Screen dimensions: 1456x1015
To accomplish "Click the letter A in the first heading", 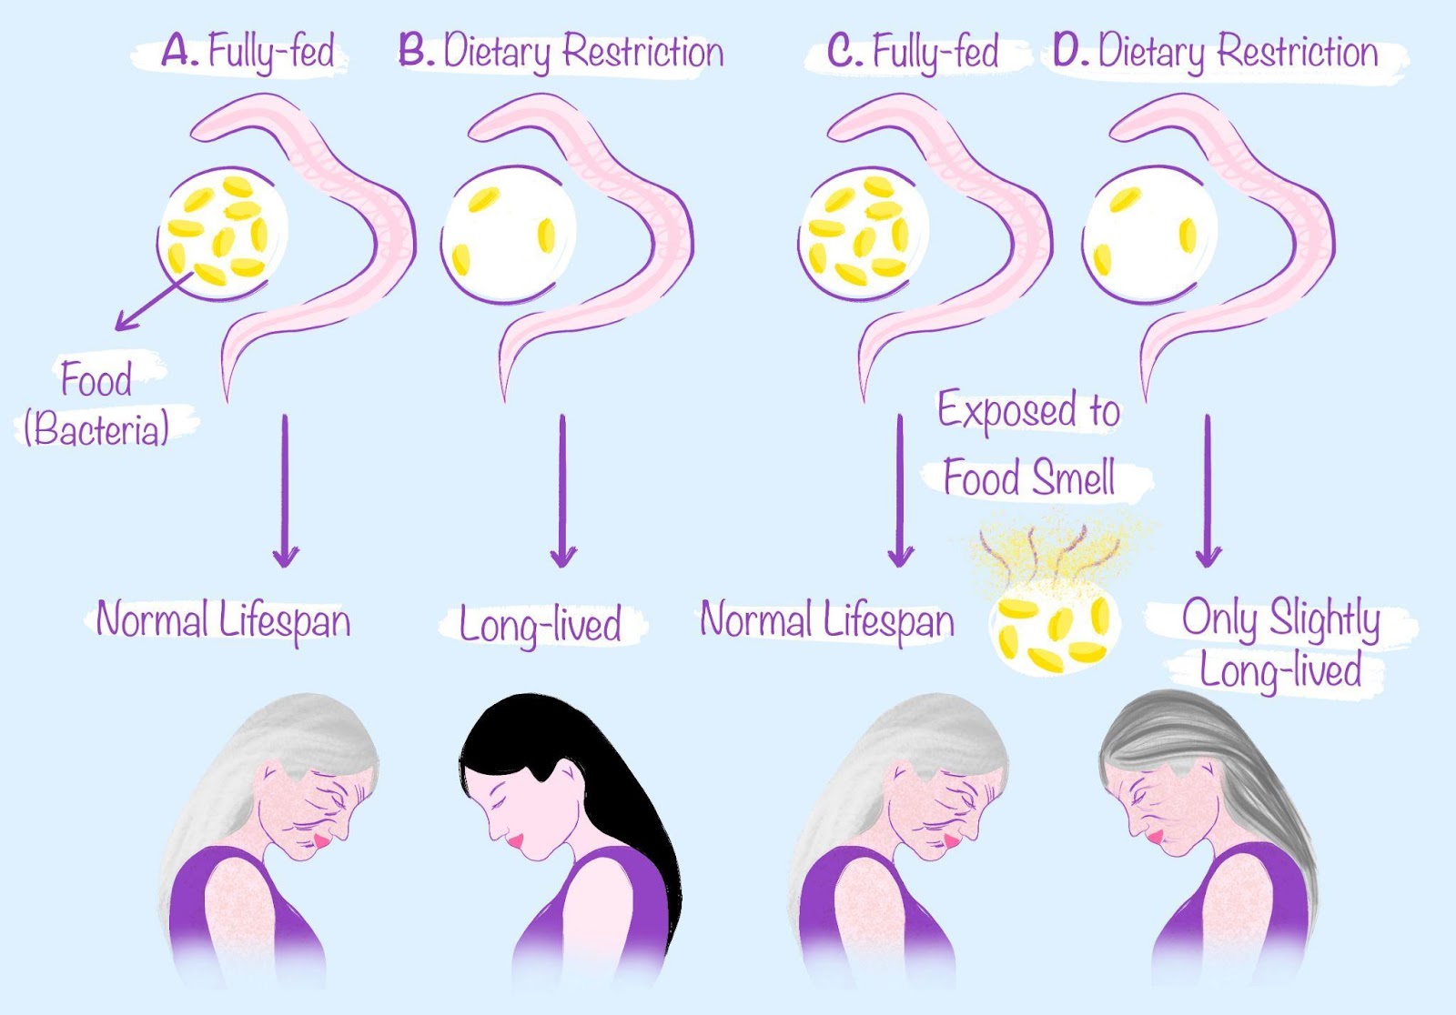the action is tap(178, 51).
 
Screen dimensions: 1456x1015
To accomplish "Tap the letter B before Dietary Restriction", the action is tap(414, 51).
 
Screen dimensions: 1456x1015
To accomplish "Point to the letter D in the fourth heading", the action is tap(1068, 51).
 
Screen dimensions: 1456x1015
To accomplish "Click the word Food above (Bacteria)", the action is tap(96, 379).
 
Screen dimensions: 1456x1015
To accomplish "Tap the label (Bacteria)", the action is tap(96, 428).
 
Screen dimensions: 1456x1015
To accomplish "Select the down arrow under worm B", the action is tap(562, 491).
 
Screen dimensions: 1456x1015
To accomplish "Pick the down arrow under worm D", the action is tap(1208, 491).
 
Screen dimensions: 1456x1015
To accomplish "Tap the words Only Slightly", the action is tap(1280, 619).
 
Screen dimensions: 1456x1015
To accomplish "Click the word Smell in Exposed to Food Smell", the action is tap(1074, 478).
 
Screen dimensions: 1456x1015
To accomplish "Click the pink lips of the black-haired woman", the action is tap(516, 842).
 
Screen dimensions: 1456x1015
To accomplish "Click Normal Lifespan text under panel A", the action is tap(223, 621).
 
